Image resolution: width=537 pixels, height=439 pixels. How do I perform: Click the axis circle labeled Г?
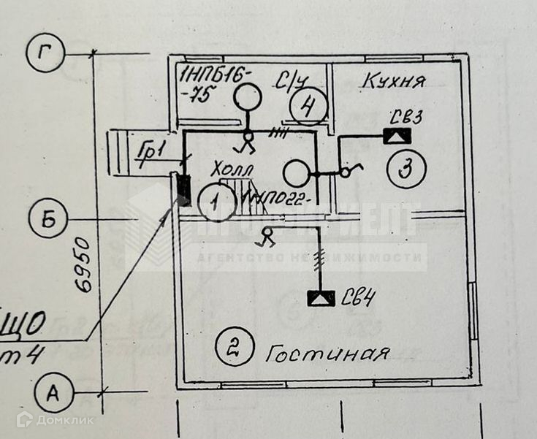pos(46,53)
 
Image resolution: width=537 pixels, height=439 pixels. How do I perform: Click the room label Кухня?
pos(393,80)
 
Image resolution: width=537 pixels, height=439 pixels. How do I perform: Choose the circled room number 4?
pos(307,107)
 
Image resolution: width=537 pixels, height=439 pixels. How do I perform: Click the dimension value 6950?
pos(85,264)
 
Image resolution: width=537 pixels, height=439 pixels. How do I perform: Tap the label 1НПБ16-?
pos(216,75)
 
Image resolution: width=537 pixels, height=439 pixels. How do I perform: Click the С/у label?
pos(289,81)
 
